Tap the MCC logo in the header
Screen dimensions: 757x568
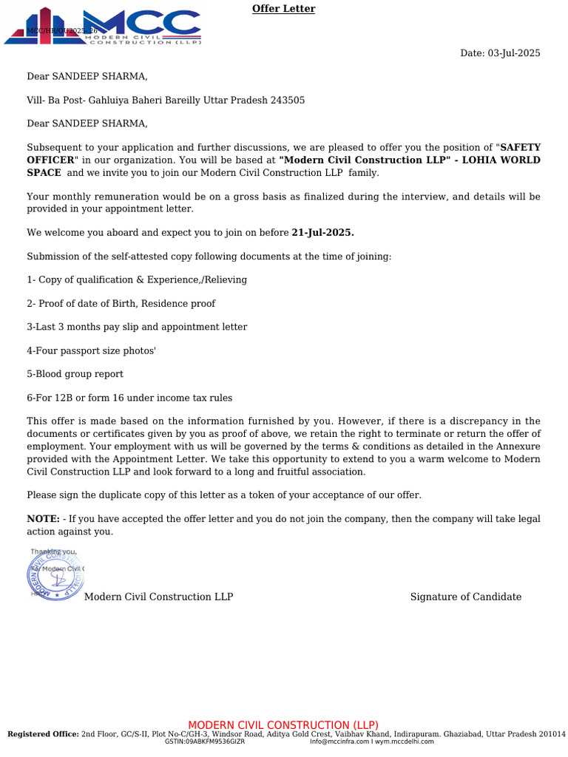coord(104,27)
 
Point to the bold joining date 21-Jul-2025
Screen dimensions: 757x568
coord(322,233)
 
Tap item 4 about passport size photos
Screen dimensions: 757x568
coord(91,350)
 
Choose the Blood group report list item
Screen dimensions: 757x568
coord(75,374)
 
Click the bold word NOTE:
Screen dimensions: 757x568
coord(43,520)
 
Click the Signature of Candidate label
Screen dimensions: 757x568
coord(465,597)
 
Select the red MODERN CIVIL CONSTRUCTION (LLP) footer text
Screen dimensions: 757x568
coord(283,725)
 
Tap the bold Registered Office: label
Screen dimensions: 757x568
coord(43,734)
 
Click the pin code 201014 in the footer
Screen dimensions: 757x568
coord(550,734)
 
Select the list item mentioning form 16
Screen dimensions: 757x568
coord(129,398)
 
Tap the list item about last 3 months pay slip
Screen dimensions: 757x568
coord(137,327)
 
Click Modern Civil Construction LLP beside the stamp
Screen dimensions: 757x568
coord(158,597)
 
